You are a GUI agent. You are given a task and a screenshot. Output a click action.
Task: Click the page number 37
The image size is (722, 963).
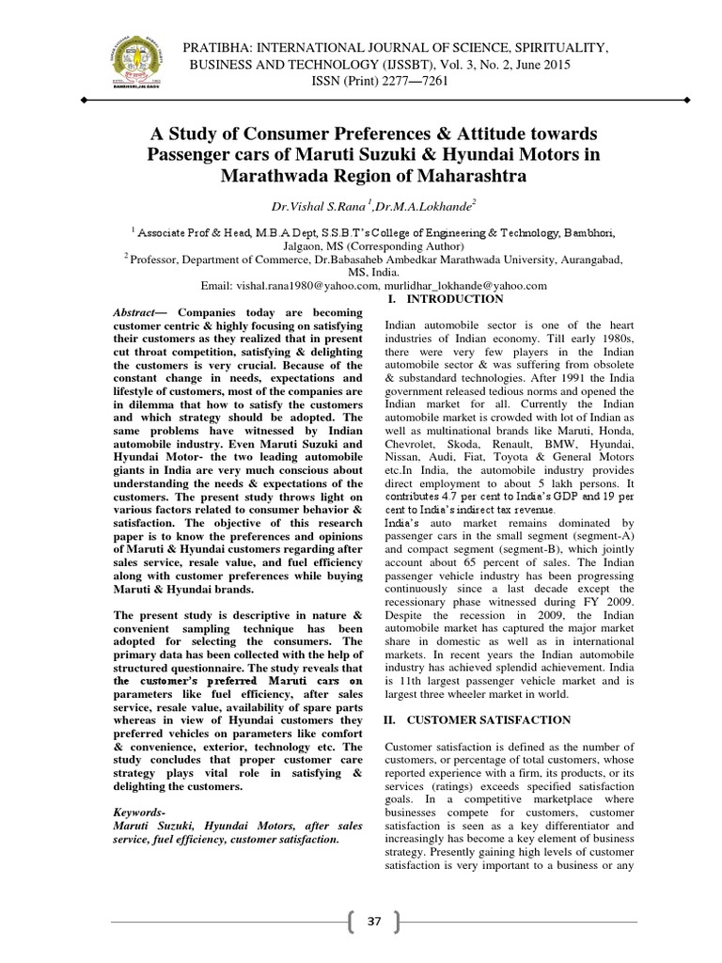374,921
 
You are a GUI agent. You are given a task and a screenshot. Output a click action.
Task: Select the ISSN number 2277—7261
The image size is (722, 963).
411,81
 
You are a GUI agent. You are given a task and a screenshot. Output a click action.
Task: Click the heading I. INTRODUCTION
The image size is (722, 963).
446,299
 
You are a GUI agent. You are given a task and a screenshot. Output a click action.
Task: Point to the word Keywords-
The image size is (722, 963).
138,810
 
